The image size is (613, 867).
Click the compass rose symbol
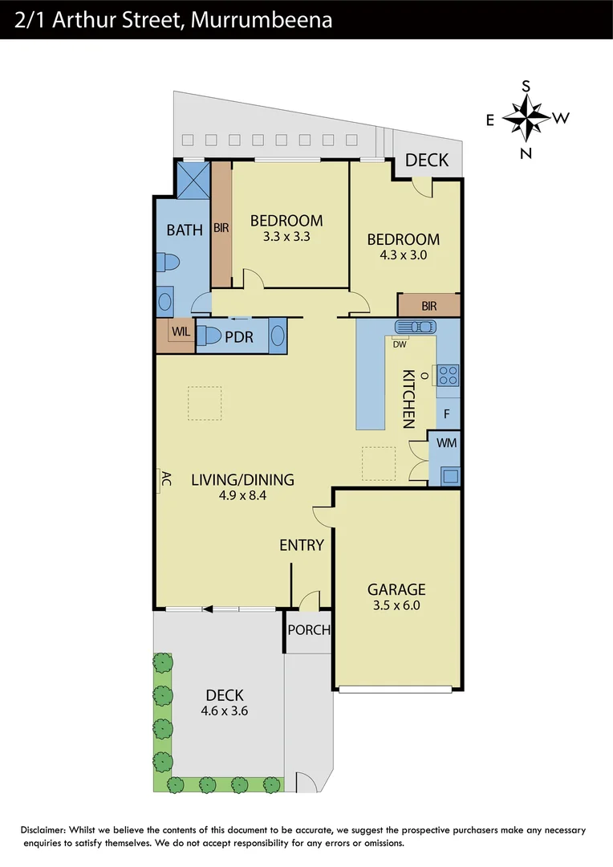[x=526, y=119]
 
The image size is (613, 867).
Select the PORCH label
[x=309, y=630]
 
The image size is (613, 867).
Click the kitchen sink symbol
[x=415, y=327]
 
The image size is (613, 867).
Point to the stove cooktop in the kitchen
[x=447, y=375]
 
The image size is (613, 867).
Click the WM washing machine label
[x=446, y=442]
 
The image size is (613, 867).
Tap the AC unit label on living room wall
[x=166, y=480]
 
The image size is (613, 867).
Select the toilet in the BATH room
[x=169, y=262]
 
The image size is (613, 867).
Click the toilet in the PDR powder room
[x=211, y=336]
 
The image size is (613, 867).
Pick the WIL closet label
[x=178, y=331]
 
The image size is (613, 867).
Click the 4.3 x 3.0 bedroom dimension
[x=403, y=255]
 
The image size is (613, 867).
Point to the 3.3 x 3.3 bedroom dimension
[x=286, y=237]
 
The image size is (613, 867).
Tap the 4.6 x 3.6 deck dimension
[x=224, y=711]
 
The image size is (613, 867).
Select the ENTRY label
[x=302, y=545]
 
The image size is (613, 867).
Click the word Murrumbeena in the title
[x=262, y=20]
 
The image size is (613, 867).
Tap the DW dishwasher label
[x=399, y=344]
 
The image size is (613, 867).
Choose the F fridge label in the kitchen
[x=447, y=415]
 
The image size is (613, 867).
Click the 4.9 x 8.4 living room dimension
[x=242, y=496]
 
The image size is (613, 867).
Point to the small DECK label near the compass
[x=427, y=160]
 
